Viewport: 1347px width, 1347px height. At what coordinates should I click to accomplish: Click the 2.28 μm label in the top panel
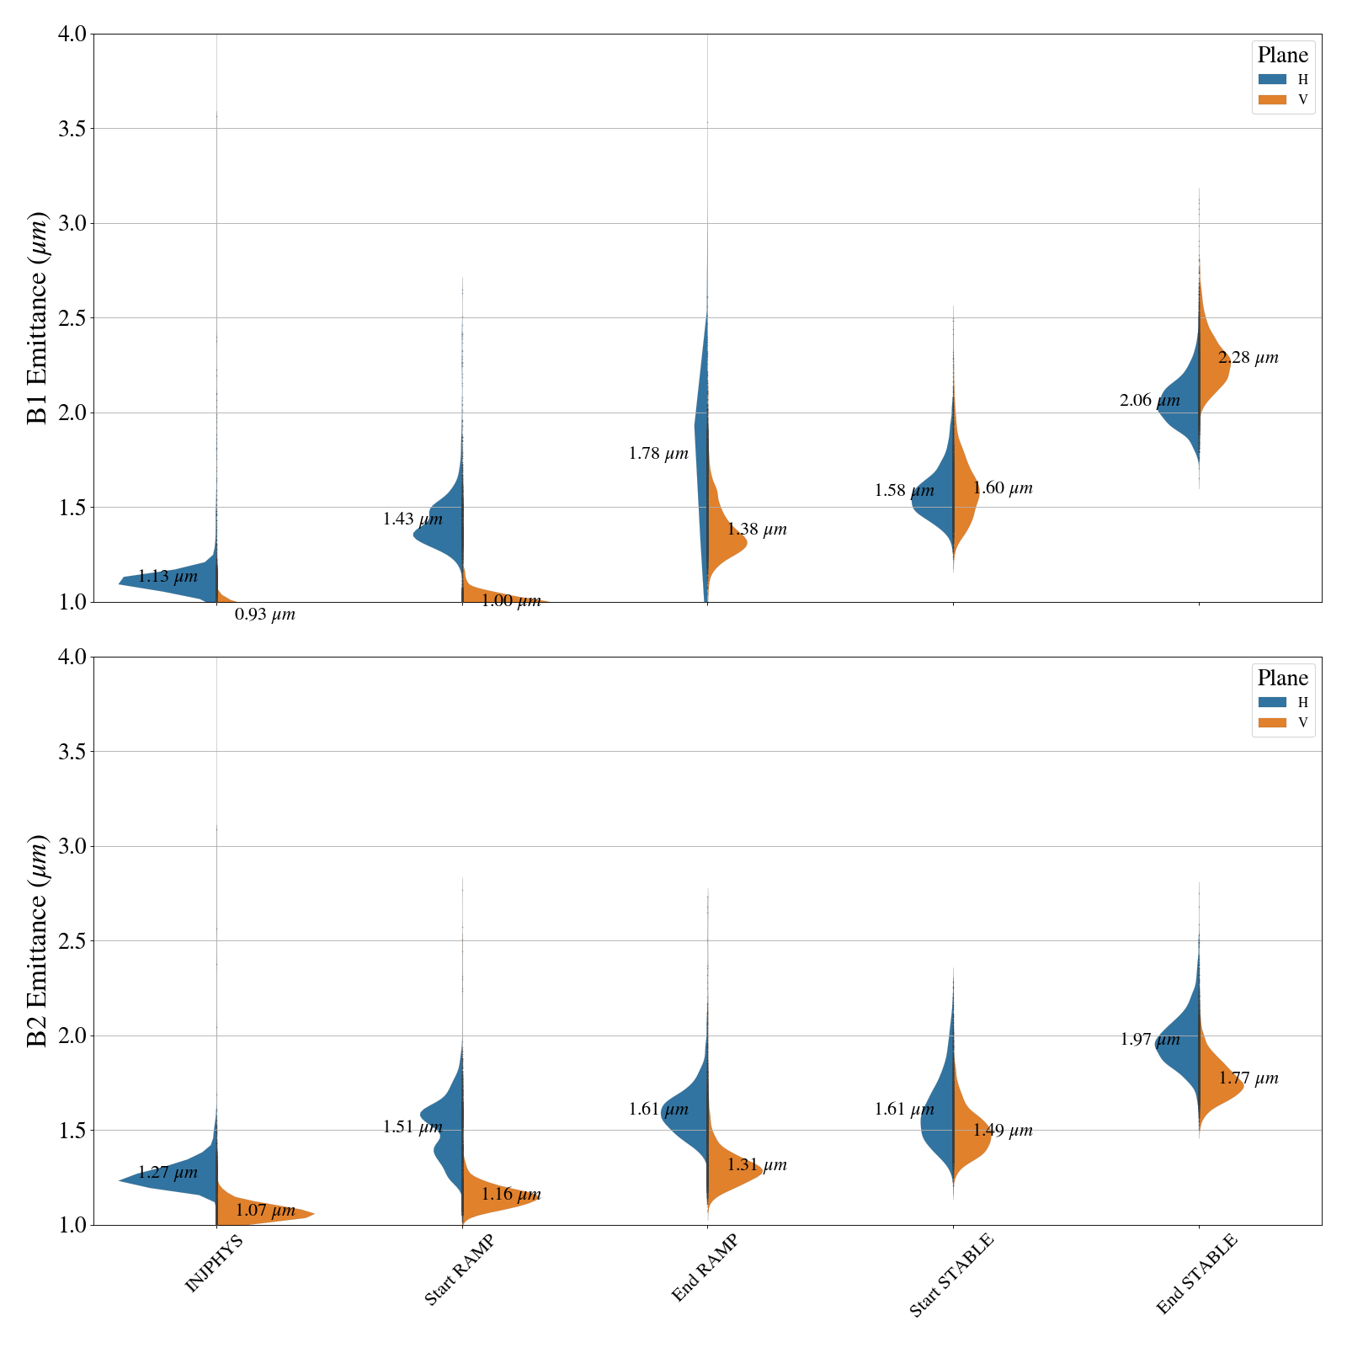click(1248, 358)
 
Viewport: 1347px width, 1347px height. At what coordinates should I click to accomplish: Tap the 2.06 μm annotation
click(1149, 401)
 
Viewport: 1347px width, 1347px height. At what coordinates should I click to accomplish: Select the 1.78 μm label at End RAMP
click(658, 454)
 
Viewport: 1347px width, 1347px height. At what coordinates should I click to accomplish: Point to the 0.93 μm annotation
click(264, 615)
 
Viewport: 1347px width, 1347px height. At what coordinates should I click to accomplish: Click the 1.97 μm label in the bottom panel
click(1149, 1040)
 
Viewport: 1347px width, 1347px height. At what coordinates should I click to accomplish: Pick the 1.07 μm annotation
click(264, 1211)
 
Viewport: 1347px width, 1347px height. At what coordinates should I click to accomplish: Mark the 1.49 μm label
click(1002, 1131)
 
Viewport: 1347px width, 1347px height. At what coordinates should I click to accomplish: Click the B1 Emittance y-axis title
click(38, 318)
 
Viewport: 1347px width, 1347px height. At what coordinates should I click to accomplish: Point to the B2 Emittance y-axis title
click(38, 941)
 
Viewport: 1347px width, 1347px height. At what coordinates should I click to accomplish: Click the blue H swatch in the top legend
click(1272, 79)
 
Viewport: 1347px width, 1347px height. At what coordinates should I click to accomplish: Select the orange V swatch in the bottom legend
click(1272, 722)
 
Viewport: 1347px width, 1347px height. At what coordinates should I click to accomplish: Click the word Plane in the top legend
click(1282, 56)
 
